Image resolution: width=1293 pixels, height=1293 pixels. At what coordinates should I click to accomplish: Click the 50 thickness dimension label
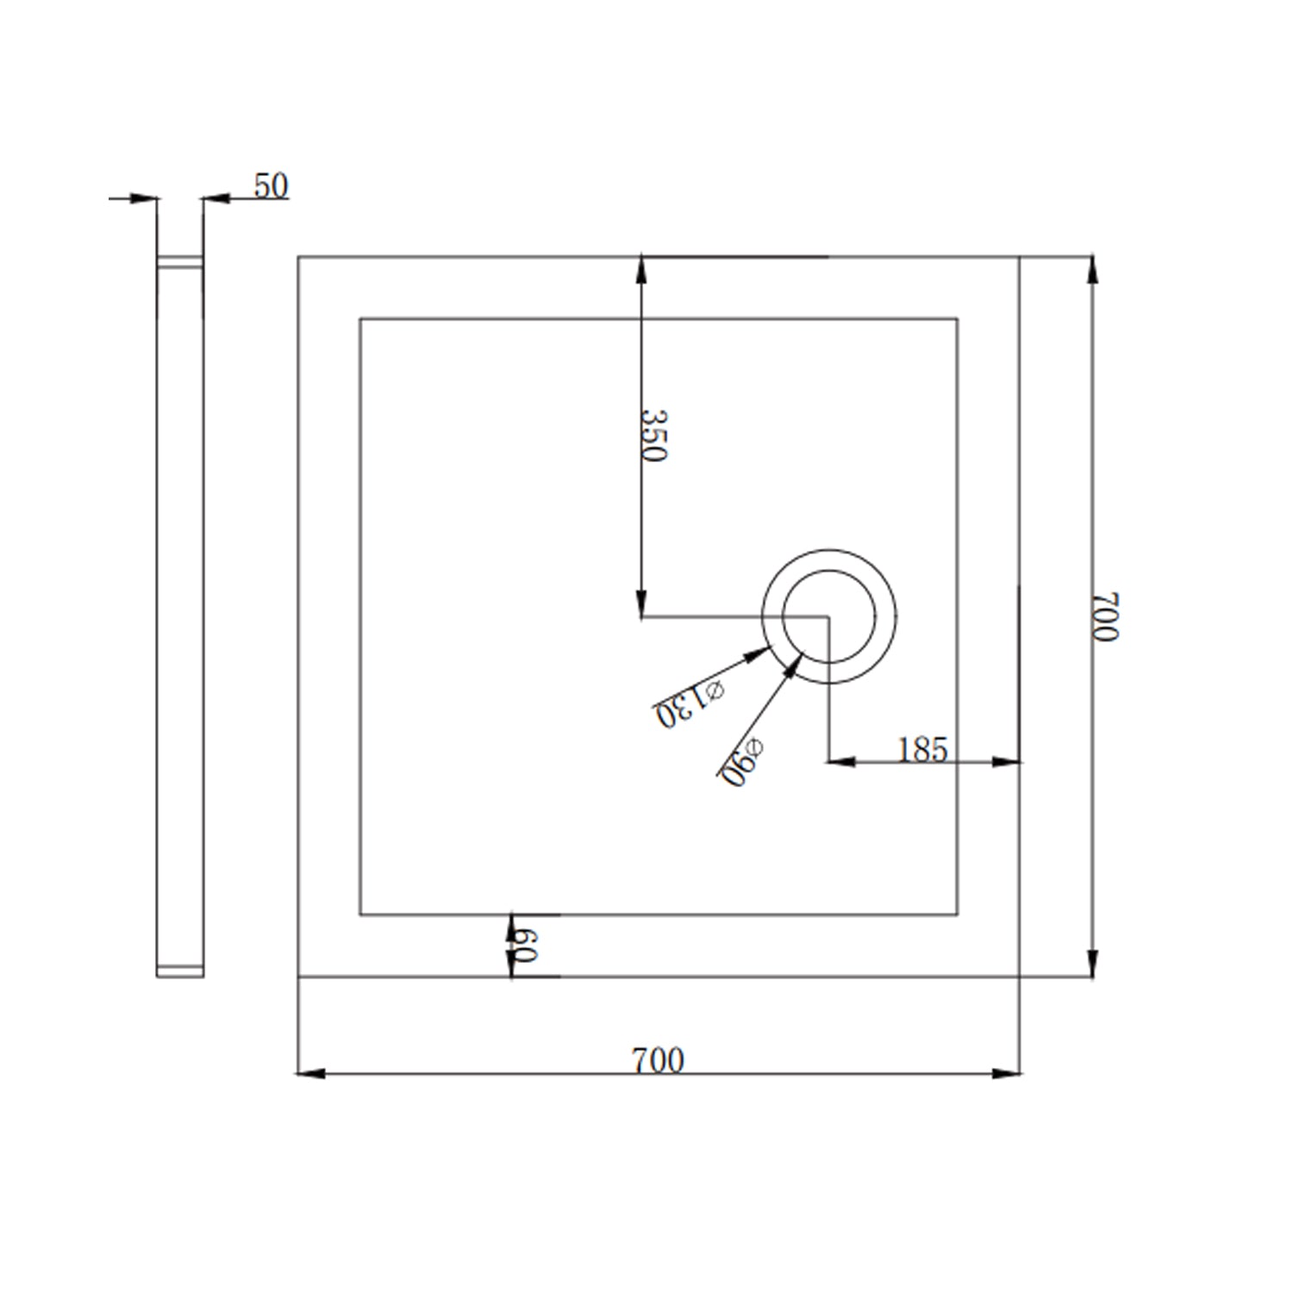271,186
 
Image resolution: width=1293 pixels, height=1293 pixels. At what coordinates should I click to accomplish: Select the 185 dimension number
922,750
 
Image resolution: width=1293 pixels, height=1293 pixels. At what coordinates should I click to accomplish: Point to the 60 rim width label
523,946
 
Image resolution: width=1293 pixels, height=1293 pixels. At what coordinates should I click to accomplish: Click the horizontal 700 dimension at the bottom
658,1060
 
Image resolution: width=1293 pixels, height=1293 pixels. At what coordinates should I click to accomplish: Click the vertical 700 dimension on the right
1104,616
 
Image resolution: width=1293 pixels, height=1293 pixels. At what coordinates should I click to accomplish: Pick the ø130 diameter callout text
690,703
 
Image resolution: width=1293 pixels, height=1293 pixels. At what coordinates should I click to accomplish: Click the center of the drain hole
828,616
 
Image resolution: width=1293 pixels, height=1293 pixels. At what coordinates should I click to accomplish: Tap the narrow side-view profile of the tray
180,616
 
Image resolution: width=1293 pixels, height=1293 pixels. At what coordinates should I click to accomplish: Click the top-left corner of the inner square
360,319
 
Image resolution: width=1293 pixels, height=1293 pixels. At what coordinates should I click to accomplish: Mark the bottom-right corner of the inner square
957,915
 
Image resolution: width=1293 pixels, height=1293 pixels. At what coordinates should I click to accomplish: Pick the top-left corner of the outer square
298,257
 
